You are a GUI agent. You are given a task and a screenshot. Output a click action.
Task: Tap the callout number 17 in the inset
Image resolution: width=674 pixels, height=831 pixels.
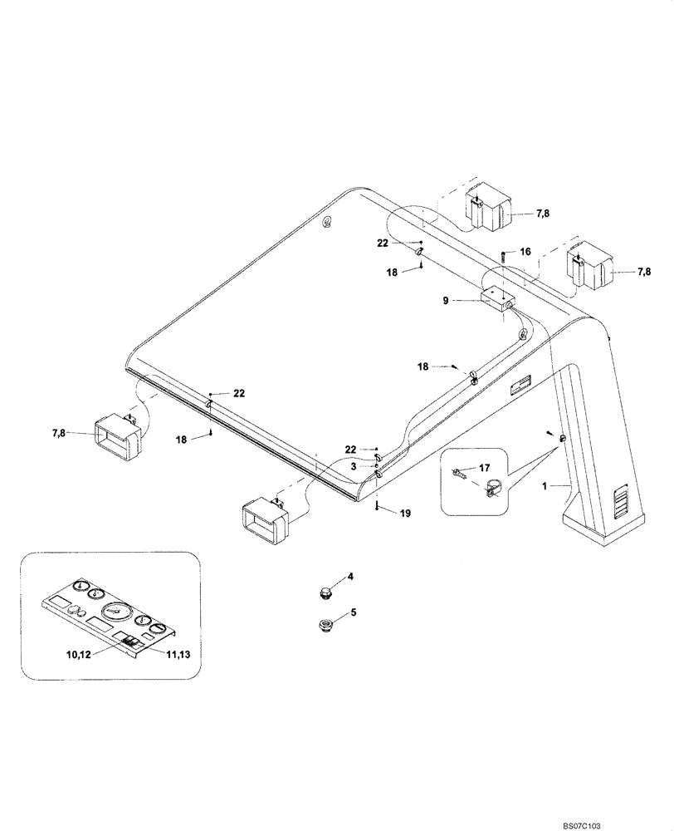[x=485, y=469]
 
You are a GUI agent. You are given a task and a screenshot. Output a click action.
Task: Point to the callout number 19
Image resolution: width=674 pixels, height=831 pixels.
[x=405, y=514]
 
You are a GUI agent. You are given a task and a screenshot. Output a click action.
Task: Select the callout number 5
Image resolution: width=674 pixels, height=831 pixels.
[x=352, y=612]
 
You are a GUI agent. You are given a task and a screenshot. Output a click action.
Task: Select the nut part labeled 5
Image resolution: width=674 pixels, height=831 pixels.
[x=325, y=625]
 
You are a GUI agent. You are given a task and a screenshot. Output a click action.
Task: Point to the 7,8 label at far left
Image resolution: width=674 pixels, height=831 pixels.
[x=61, y=432]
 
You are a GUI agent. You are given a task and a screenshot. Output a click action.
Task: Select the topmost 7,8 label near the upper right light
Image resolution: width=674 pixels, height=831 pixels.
[x=543, y=214]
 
